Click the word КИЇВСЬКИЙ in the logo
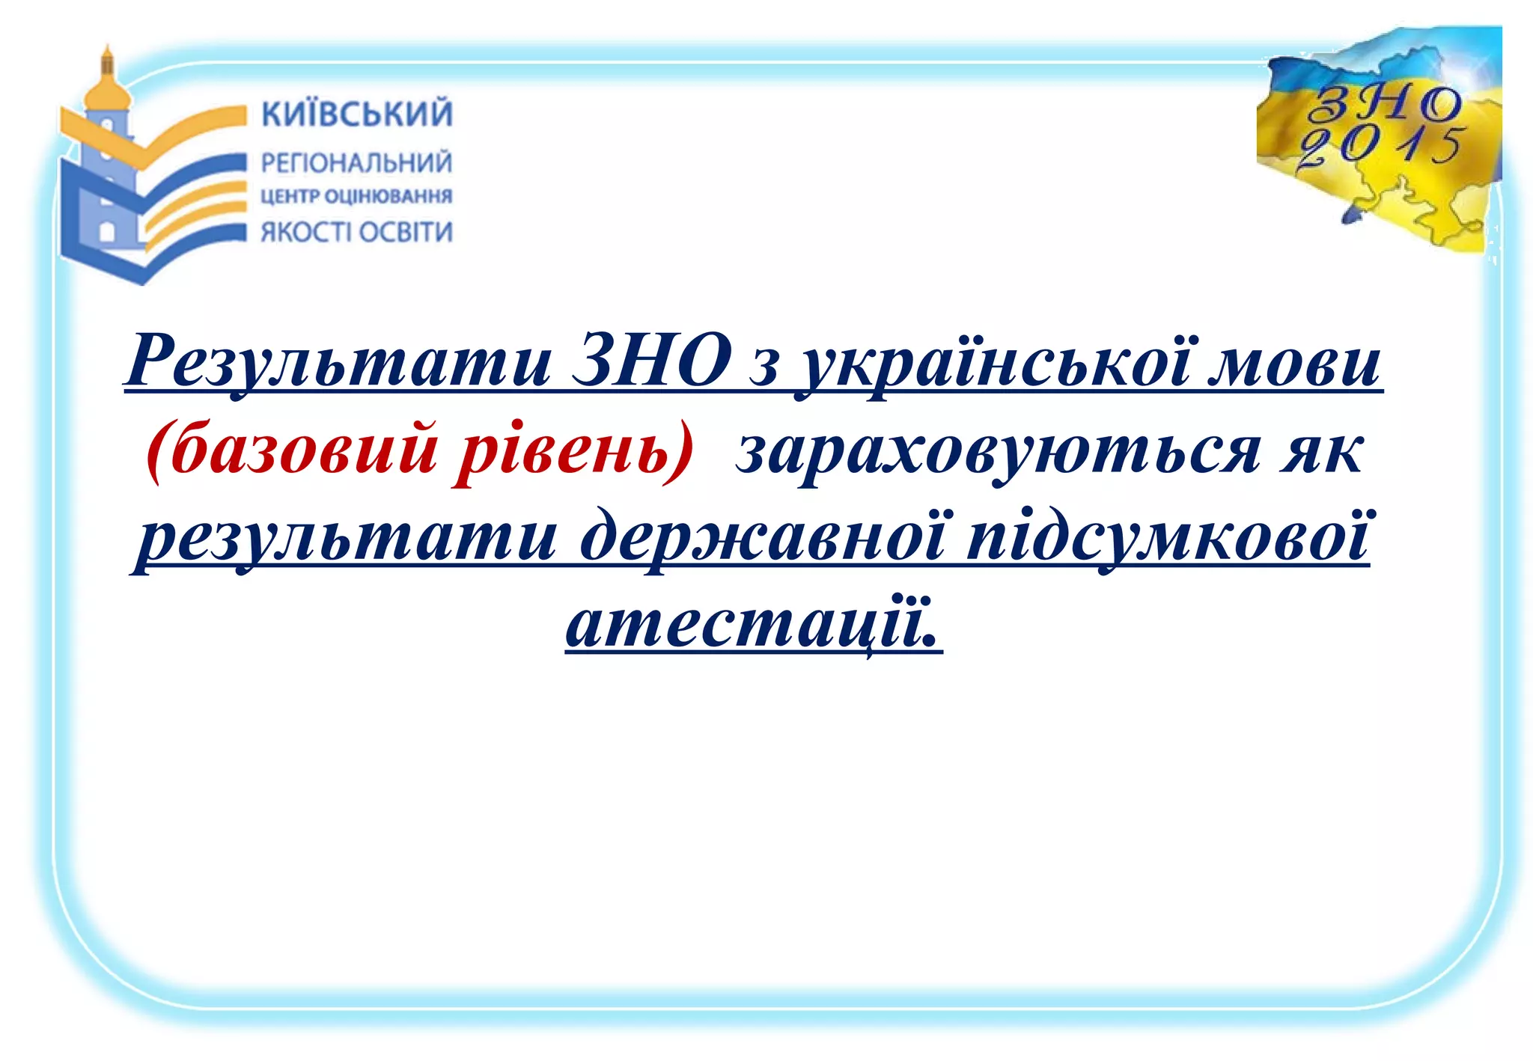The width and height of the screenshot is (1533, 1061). [356, 114]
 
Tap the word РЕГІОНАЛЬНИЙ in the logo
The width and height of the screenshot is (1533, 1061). [356, 162]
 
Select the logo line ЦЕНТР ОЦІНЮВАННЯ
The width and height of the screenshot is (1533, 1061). [356, 197]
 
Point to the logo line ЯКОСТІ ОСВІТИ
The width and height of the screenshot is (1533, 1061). [356, 232]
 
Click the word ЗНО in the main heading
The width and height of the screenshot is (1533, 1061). [652, 361]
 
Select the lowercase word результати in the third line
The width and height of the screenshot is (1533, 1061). [345, 537]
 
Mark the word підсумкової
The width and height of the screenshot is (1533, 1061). [1168, 537]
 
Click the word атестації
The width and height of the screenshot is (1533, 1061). [752, 624]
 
